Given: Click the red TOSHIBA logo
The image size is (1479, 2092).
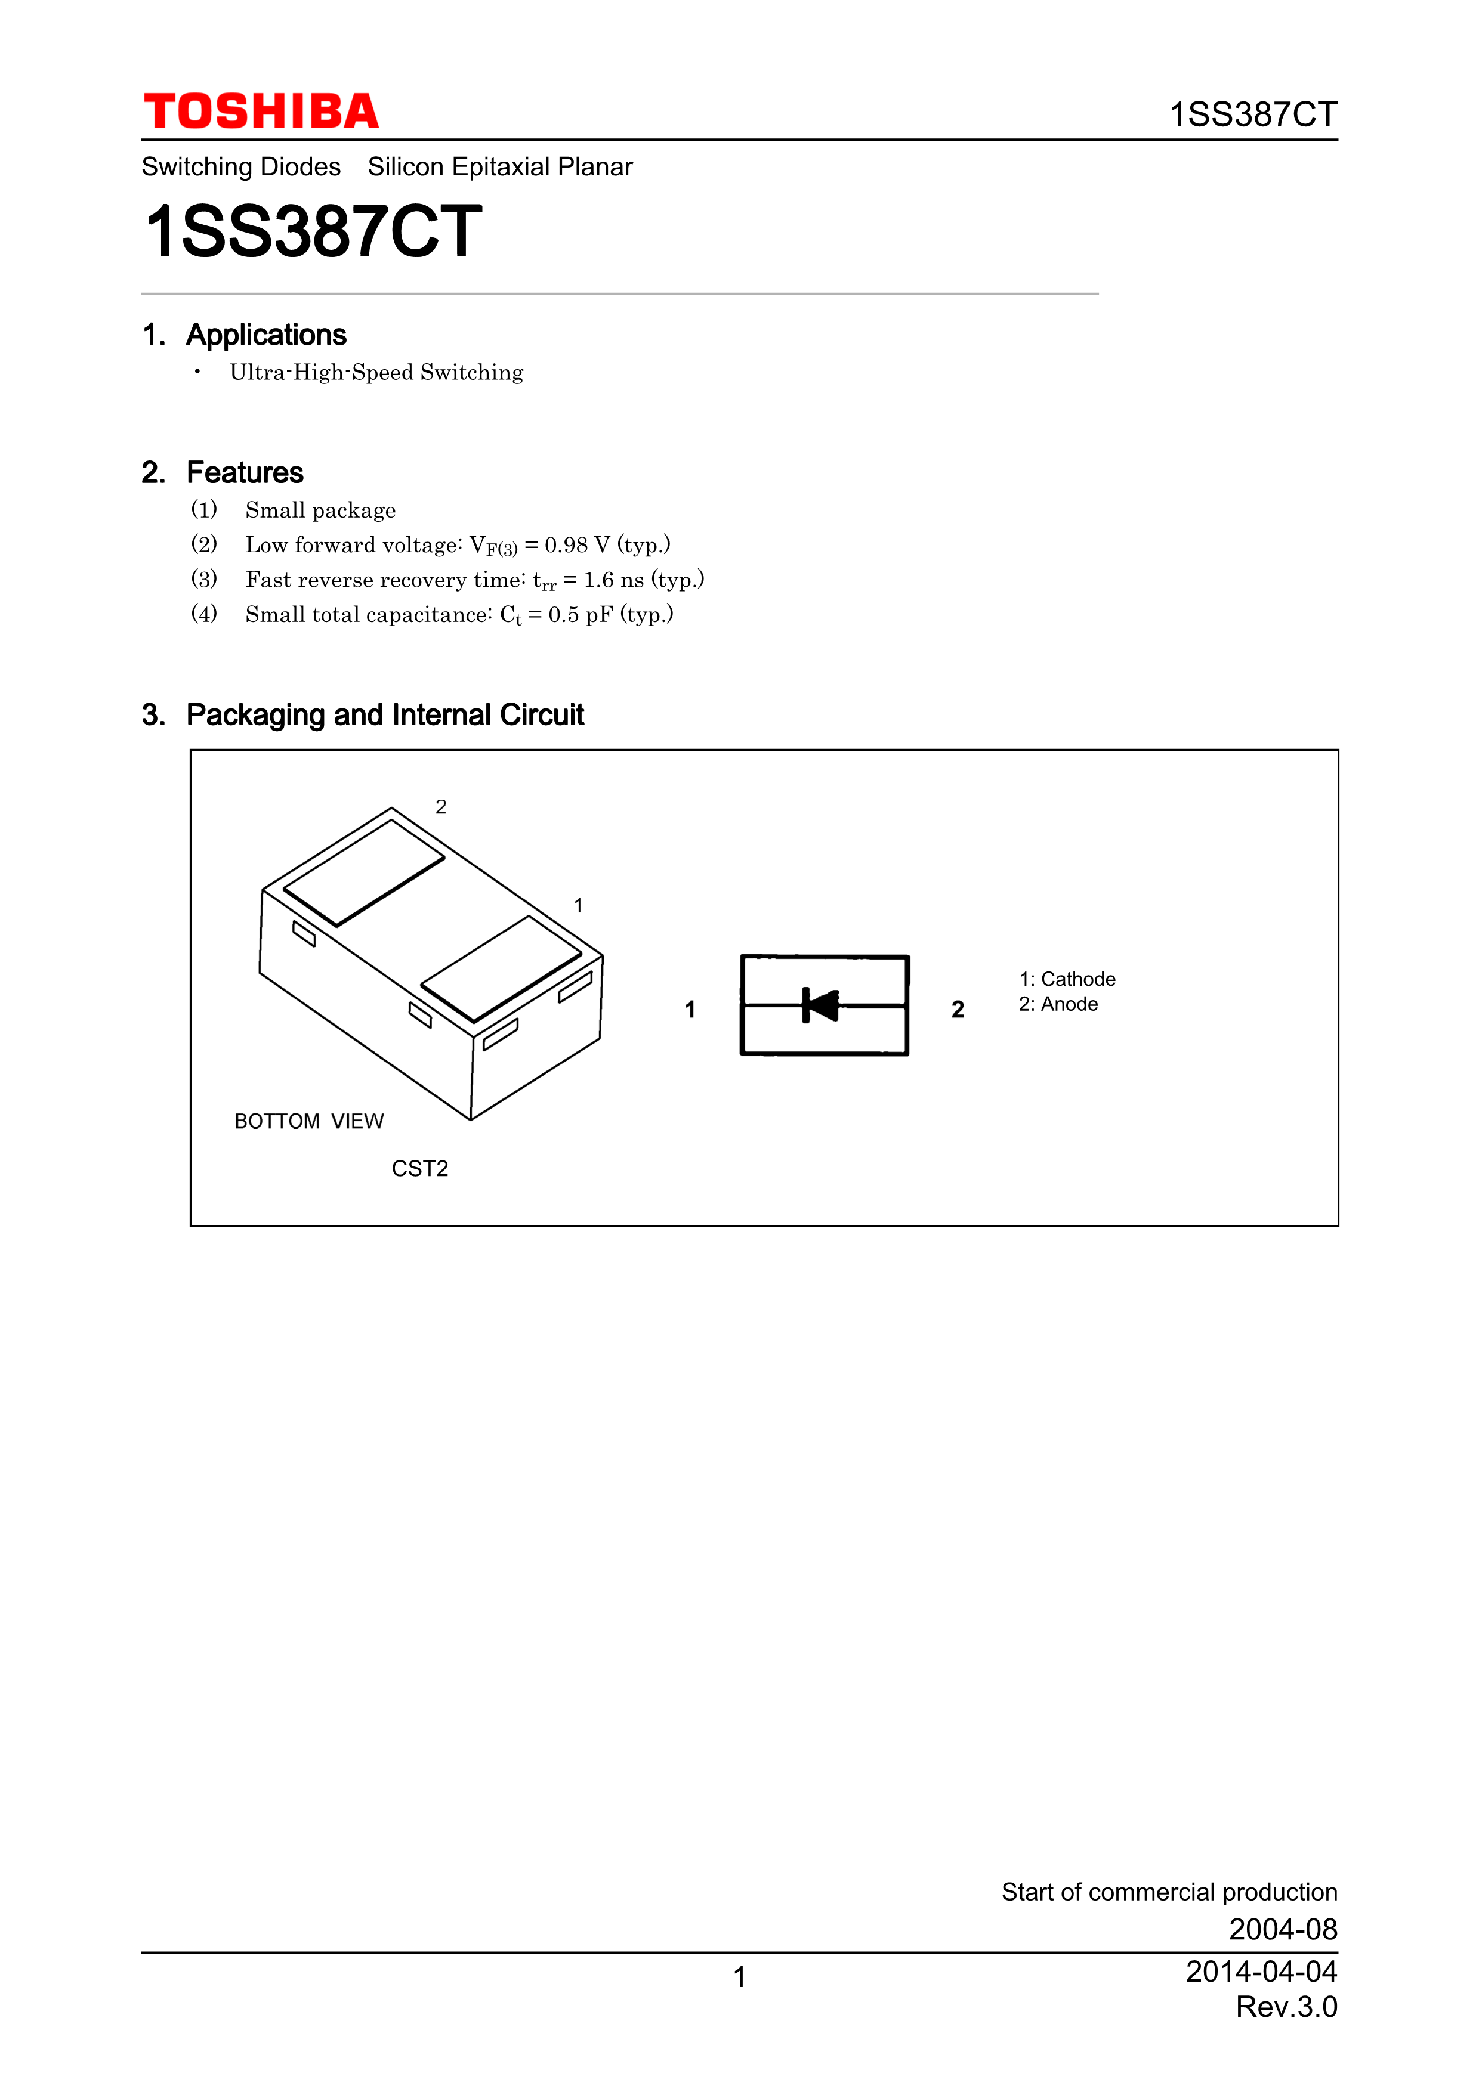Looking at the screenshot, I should (x=261, y=112).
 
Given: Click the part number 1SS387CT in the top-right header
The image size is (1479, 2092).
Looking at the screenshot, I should (x=1252, y=115).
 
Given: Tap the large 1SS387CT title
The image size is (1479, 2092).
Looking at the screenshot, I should (x=313, y=233).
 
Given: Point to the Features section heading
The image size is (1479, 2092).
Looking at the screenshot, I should (x=244, y=473).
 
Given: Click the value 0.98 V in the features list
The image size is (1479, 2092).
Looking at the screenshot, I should (x=577, y=545).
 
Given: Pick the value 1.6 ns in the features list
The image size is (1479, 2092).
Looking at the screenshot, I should (x=613, y=580).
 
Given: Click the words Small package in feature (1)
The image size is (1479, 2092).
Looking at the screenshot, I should (x=320, y=510).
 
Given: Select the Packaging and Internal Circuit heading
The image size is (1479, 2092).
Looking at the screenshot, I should (x=385, y=715).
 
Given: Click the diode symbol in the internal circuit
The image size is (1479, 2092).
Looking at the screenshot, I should (x=821, y=1005).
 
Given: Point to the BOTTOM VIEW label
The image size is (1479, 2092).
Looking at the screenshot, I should (x=309, y=1121).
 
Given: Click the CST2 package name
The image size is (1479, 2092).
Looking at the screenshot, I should (x=419, y=1169).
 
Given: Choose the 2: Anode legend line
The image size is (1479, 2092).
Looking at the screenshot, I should (x=1058, y=1004).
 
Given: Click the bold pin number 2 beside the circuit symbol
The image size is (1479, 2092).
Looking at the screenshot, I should (x=957, y=1010).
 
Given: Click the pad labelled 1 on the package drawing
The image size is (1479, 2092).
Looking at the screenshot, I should (x=501, y=968).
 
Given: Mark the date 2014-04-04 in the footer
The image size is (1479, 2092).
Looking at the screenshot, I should (x=1260, y=1971).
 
